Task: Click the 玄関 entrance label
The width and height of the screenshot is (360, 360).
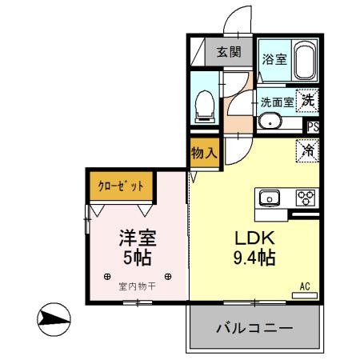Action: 229,53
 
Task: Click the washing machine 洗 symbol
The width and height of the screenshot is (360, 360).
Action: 307,102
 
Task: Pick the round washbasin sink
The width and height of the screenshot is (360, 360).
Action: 270,122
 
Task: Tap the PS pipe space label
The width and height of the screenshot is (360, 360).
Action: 314,126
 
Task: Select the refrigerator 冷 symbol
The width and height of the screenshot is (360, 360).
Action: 306,148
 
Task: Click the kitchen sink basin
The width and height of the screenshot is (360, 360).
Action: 268,197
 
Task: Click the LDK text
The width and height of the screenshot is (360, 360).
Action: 254,238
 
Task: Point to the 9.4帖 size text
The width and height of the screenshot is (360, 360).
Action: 254,258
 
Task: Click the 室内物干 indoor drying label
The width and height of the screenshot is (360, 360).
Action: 136,286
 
